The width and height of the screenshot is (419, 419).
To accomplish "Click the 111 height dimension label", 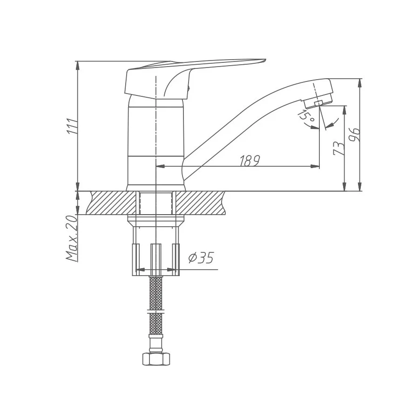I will (71, 127).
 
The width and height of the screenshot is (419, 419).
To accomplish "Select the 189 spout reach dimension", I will (249, 161).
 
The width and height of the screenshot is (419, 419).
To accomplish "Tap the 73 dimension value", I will (339, 148).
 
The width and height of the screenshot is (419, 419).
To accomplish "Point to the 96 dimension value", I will (355, 135).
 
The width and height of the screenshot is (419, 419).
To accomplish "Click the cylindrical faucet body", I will (155, 140).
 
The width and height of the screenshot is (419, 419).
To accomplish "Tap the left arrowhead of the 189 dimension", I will (158, 166).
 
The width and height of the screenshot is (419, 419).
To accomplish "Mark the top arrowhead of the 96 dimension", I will (360, 81).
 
